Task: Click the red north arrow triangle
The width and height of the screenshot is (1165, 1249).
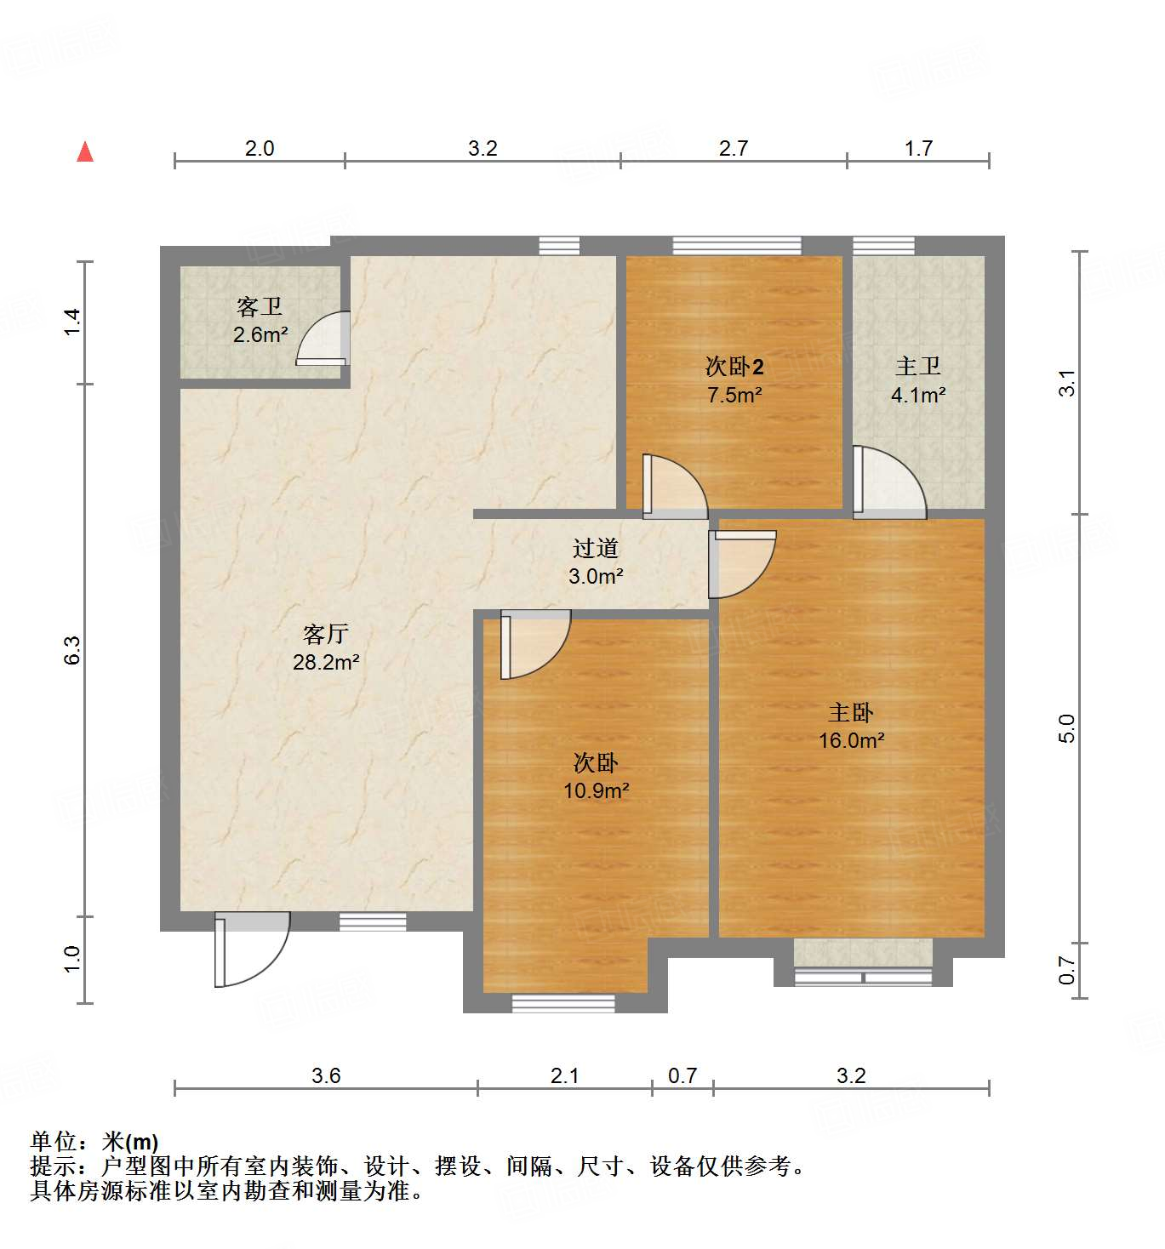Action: (85, 152)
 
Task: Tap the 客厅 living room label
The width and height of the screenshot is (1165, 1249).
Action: (326, 634)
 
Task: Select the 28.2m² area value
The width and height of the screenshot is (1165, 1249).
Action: (326, 662)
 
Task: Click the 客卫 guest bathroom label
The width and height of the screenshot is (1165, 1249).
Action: (260, 306)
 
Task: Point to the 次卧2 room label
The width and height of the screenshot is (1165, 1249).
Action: (734, 367)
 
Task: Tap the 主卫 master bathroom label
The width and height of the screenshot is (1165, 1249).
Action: (918, 367)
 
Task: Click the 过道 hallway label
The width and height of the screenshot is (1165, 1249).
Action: (596, 548)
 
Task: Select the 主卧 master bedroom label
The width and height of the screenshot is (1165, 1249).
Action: (851, 713)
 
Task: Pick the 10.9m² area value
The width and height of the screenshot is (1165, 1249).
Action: (597, 790)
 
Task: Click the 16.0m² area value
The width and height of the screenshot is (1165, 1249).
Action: (852, 740)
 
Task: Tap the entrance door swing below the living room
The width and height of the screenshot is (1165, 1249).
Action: (251, 949)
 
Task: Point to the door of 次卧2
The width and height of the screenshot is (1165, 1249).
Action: (674, 488)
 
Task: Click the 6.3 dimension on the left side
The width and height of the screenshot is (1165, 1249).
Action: (73, 651)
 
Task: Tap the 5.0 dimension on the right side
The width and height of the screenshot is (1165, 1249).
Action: (1067, 728)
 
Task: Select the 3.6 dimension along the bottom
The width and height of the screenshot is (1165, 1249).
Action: (326, 1076)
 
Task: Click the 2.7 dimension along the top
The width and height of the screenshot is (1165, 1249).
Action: (734, 149)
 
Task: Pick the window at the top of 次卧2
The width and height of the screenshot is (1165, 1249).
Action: (737, 245)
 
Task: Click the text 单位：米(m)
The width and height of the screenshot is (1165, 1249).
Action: (94, 1142)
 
